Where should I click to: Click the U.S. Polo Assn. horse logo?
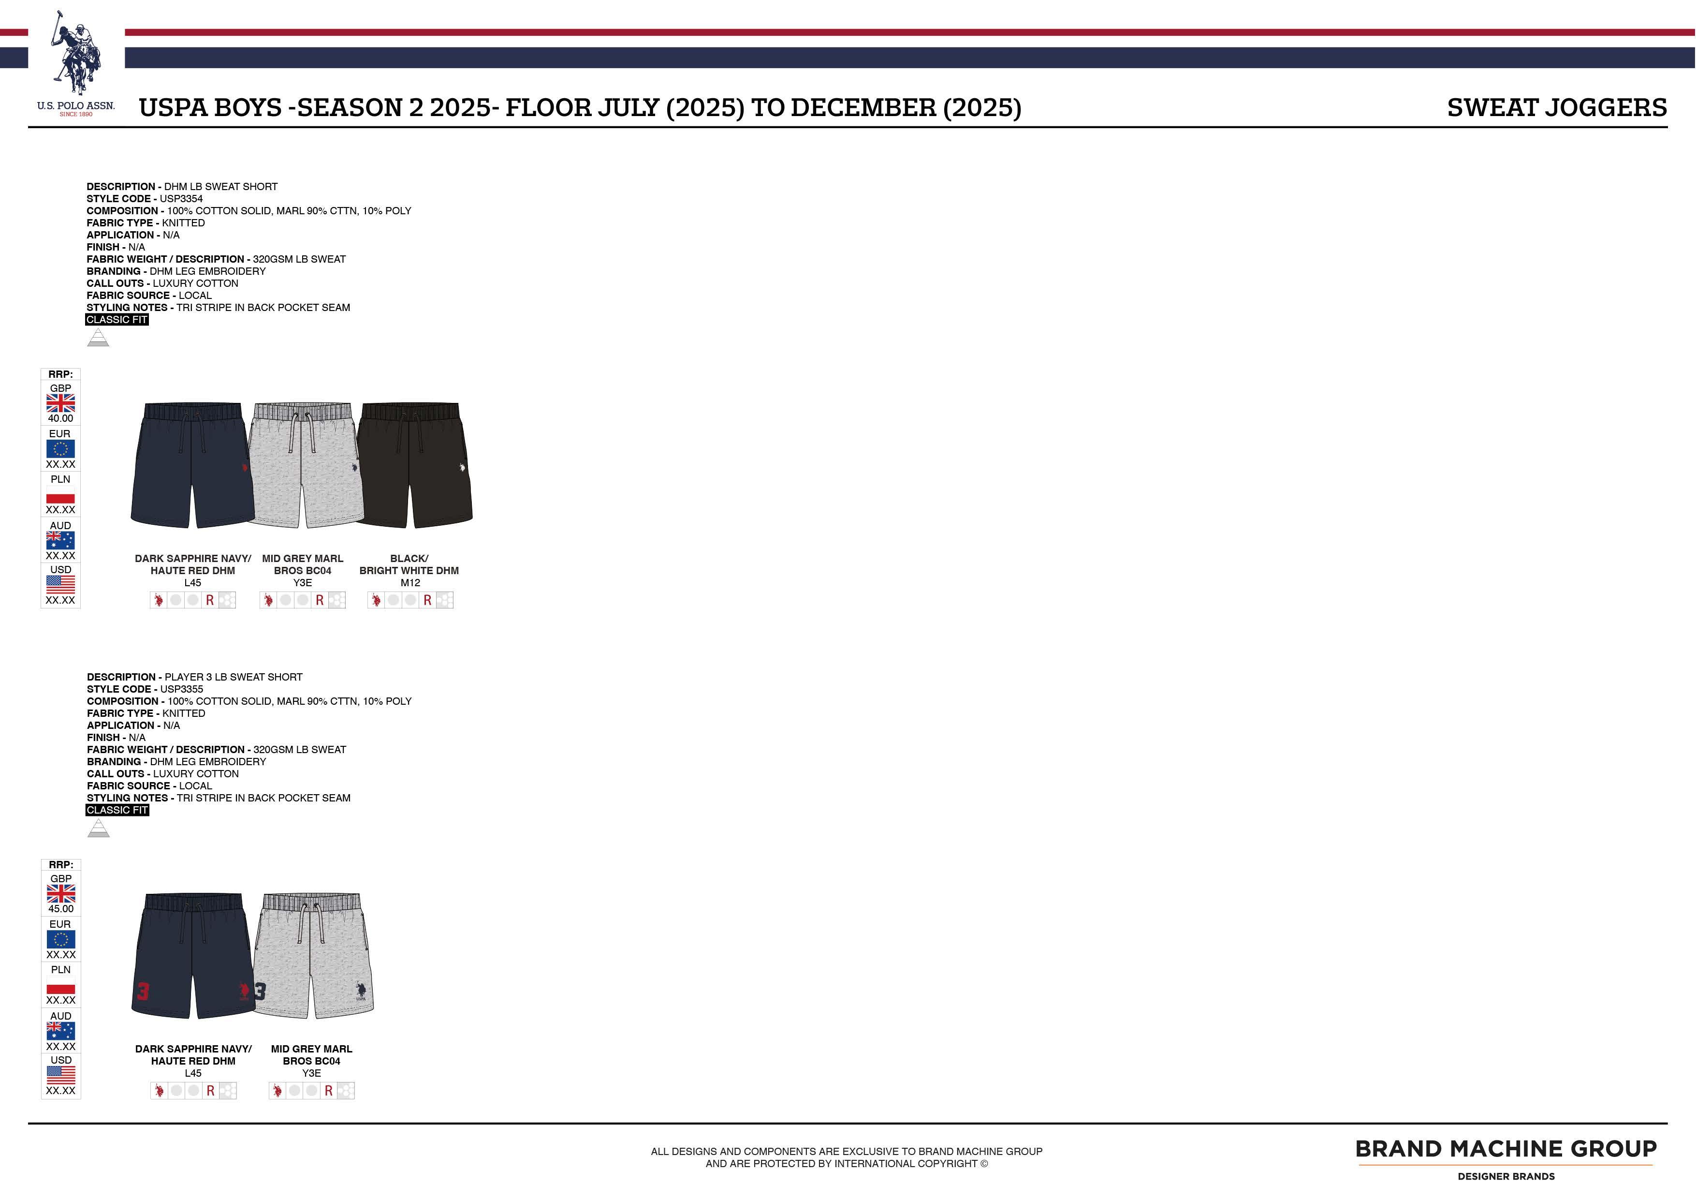point(75,56)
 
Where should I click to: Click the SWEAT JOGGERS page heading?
point(1556,108)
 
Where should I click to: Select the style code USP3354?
point(181,199)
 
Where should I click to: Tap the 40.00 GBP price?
point(60,418)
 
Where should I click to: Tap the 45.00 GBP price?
point(60,909)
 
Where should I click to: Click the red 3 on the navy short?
point(143,991)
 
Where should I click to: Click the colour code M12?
point(410,583)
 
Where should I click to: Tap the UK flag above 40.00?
point(60,403)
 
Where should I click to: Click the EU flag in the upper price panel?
point(60,448)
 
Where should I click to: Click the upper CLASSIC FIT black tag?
point(117,320)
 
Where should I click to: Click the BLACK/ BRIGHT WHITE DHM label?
point(409,564)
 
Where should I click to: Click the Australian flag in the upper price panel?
point(60,540)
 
